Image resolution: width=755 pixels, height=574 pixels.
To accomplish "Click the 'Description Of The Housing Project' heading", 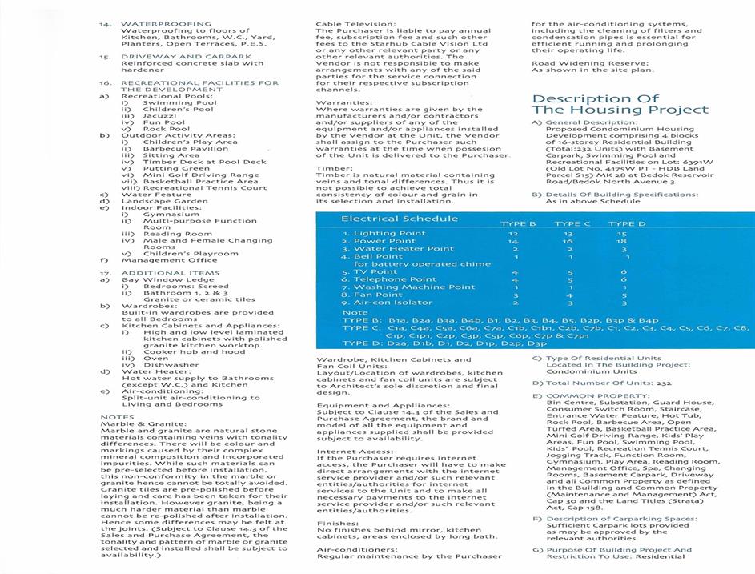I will coord(620,105).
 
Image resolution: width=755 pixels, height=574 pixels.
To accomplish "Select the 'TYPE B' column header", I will coord(518,224).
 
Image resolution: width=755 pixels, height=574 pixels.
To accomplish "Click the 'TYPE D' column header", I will coord(627,224).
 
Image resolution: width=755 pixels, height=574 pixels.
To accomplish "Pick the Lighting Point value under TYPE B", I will coord(516,233).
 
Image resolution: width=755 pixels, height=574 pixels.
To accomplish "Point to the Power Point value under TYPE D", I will coord(621,241).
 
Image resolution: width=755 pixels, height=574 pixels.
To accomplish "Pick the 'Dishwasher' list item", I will coord(171,364).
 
